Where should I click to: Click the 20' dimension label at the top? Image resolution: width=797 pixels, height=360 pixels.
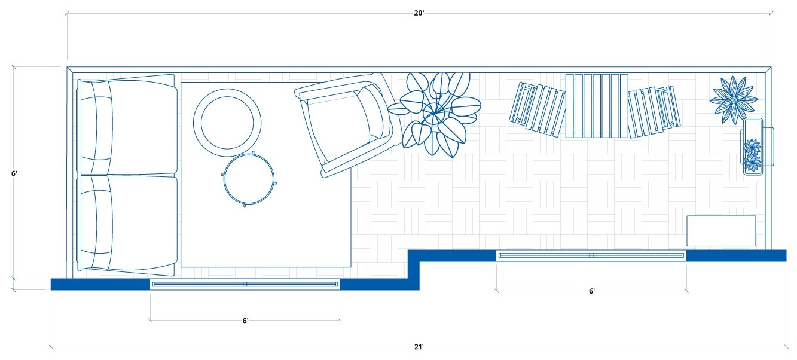pyautogui.click(x=419, y=13)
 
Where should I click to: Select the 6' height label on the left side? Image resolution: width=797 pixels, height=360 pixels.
pyautogui.click(x=14, y=173)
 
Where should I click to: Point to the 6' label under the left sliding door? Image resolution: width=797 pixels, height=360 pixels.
pyautogui.click(x=245, y=321)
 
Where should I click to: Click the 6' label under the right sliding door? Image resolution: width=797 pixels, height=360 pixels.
pyautogui.click(x=591, y=291)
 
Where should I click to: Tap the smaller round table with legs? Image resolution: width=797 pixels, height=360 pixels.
pyautogui.click(x=249, y=179)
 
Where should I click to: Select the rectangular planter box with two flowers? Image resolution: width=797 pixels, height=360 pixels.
pyautogui.click(x=752, y=147)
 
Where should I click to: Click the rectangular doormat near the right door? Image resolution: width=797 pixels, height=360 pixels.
pyautogui.click(x=720, y=231)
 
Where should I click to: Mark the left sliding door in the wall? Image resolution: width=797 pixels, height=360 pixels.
pyautogui.click(x=245, y=284)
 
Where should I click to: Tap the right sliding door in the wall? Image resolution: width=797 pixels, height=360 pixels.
pyautogui.click(x=591, y=255)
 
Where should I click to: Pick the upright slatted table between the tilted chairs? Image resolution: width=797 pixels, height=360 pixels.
pyautogui.click(x=597, y=106)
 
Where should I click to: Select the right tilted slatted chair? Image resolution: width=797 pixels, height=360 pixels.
pyautogui.click(x=654, y=111)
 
